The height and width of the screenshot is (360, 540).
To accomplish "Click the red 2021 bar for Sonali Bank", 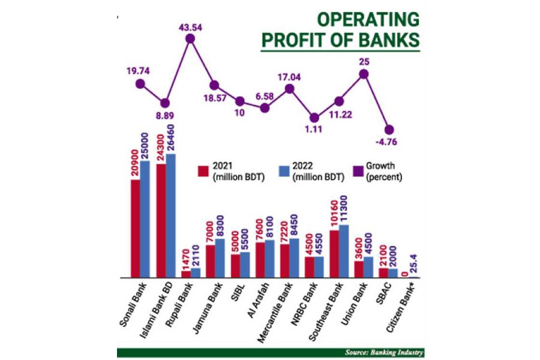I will pos(136,228).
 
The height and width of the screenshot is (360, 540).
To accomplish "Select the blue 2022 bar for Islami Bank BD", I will pos(170,216).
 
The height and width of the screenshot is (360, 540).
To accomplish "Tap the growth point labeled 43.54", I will pos(190,38).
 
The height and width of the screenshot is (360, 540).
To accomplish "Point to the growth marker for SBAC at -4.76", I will pos(389,130).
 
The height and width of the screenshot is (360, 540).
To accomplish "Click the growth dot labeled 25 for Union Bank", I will pos(364,74).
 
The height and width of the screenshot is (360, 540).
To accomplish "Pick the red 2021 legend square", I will pos(203,170).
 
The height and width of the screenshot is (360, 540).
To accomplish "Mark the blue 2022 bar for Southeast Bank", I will pos(344,251).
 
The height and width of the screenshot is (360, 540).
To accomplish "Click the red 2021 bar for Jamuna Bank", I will pos(211,261).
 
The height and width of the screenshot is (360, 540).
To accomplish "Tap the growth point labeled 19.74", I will pos(140,84).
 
